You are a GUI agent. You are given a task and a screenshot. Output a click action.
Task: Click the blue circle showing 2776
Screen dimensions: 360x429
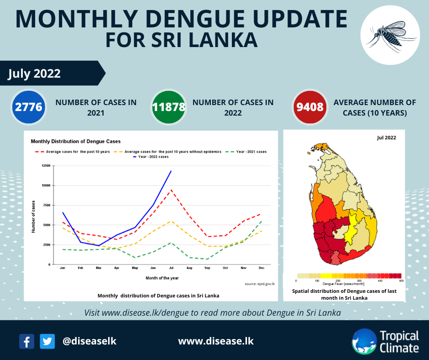pos(29,107)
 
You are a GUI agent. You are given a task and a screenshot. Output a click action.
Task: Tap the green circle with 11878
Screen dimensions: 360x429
pos(169,107)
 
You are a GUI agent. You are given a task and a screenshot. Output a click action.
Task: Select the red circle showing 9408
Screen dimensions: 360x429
pos(310,107)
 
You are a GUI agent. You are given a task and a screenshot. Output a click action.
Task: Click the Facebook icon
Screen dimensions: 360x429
pos(27,341)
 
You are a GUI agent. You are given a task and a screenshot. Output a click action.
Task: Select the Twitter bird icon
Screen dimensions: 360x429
pos(47,341)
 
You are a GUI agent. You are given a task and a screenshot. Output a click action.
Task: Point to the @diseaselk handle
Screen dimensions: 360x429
pos(89,341)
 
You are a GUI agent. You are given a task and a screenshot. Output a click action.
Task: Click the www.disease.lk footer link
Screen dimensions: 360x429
pos(215,341)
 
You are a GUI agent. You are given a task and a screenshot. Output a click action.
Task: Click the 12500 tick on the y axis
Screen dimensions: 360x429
pos(46,165)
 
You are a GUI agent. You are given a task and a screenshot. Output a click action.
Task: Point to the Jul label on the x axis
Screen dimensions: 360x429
pos(171,268)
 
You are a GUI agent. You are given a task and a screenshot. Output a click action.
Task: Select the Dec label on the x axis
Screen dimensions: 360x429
pos(261,268)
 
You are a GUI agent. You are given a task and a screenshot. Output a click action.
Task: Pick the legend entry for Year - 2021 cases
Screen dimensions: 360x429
pos(248,151)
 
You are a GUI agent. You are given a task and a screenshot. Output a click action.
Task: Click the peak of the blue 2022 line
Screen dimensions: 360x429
pos(171,171)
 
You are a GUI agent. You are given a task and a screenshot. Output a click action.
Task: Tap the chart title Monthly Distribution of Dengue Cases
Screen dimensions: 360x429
pos(75,142)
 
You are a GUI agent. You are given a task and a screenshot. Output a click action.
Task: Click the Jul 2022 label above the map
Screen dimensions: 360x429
pos(386,137)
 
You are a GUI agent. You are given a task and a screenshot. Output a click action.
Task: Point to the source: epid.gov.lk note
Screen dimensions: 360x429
pos(259,284)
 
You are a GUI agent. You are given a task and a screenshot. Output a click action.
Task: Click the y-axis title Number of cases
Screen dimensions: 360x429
pos(33,216)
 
